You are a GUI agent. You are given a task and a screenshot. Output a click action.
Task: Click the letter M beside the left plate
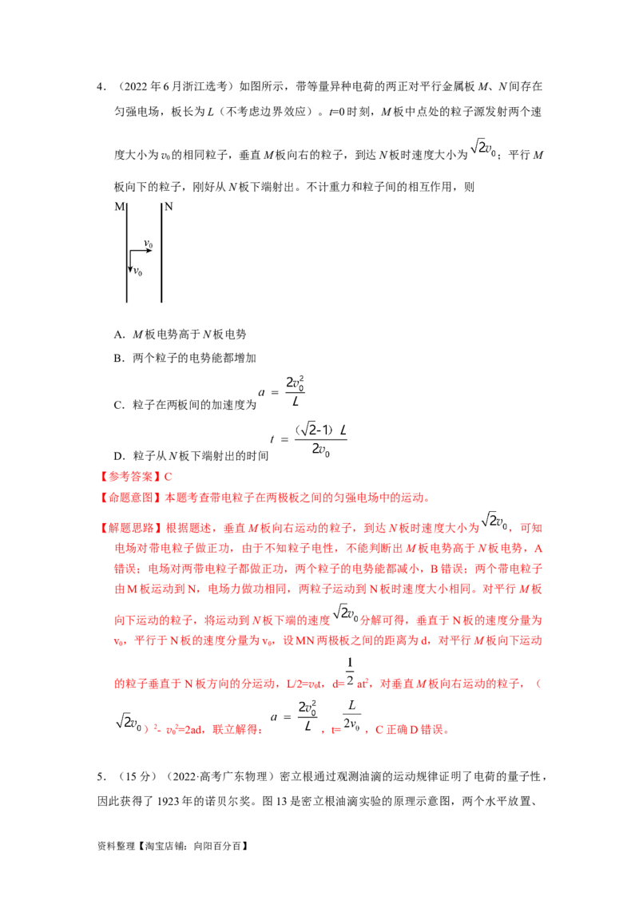point(119,207)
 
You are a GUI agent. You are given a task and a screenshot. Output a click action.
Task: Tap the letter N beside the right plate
point(169,207)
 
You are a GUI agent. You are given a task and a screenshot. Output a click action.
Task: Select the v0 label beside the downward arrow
point(137,272)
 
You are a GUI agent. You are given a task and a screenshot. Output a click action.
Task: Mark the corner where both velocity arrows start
point(130,251)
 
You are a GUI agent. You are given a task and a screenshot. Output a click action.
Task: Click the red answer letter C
point(168,477)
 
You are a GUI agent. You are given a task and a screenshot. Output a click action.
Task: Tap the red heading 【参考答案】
point(130,477)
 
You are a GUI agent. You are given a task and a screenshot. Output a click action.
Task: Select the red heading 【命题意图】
point(130,498)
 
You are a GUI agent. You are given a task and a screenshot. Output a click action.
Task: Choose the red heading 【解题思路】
point(130,528)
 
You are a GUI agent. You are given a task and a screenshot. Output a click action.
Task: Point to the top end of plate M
point(127,202)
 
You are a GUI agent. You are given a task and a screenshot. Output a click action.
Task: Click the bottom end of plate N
point(161,303)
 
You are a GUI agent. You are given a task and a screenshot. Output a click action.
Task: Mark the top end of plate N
point(161,202)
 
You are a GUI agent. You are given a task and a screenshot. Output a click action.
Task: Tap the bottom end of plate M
point(127,303)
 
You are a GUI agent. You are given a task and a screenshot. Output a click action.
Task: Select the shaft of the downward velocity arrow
point(130,260)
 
